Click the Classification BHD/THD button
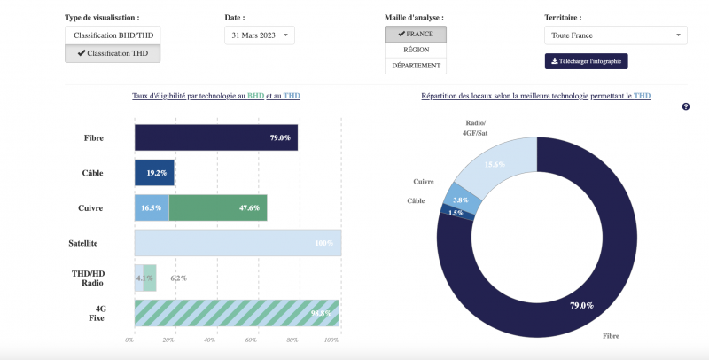point(112,35)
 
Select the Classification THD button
point(112,53)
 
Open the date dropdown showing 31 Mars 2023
point(259,35)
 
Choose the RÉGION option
point(415,50)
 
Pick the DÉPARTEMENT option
point(415,66)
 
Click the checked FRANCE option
point(415,34)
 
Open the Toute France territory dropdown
point(615,35)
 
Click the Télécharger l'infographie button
point(586,61)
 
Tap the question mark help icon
point(686,106)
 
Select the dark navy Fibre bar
point(215,137)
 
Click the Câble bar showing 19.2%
point(154,173)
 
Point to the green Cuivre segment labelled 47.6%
point(217,207)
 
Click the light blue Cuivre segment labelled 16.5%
point(151,207)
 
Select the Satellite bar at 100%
point(238,242)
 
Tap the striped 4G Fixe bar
point(236,312)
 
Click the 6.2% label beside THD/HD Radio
point(178,278)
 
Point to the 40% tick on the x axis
point(210,340)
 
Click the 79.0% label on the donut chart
point(581,305)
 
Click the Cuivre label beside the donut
point(423,182)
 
